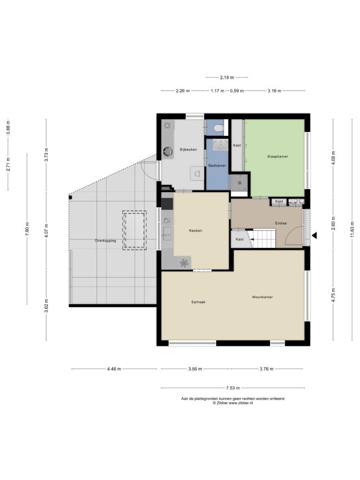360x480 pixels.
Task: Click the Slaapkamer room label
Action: coord(277,157)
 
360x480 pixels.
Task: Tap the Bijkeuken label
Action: coord(188,150)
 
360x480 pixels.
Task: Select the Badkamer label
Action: coord(217,165)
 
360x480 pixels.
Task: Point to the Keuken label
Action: coord(195,231)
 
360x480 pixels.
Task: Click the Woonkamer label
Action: coord(262,297)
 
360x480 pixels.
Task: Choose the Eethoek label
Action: coord(198,302)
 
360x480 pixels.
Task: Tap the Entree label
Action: coord(281,223)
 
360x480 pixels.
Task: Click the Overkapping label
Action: coord(105,240)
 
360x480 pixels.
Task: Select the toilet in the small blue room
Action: coord(218,127)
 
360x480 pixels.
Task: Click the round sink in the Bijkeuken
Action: coord(167,150)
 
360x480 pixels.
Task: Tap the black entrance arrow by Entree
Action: coord(314,235)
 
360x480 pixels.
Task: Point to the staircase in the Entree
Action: coord(262,238)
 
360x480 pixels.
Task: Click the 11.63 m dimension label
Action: coord(352,229)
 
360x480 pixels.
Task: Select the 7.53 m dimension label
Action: coord(232,388)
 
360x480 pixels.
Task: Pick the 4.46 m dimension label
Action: coord(114,369)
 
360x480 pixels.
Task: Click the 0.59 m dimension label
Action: coord(237,90)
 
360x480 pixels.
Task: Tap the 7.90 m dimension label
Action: coord(28,229)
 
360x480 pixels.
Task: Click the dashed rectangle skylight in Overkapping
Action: coord(135,230)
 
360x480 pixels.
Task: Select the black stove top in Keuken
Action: coord(167,204)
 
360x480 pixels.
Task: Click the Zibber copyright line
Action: coord(232,403)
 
